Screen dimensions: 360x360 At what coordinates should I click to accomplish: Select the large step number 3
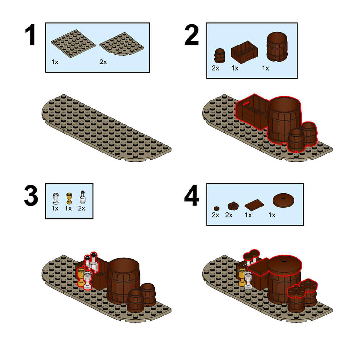(x=31, y=196)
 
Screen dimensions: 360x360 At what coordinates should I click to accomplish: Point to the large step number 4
(x=191, y=196)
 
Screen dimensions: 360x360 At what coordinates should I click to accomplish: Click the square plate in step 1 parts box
(x=73, y=43)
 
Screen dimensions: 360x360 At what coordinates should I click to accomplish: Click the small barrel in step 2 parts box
(x=219, y=56)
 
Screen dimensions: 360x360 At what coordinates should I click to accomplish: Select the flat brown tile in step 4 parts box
(x=254, y=205)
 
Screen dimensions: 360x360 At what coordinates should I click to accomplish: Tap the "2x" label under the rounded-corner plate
(x=103, y=62)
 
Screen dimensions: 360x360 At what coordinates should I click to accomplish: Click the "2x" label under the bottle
(x=81, y=208)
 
